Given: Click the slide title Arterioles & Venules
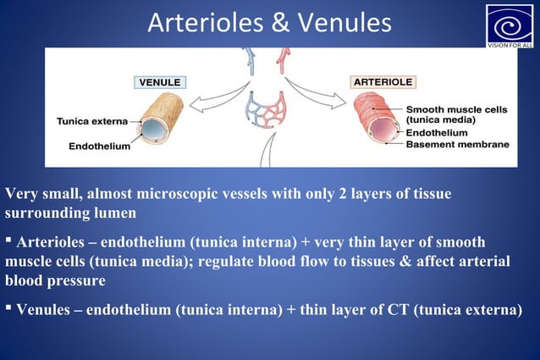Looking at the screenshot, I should pyautogui.click(x=269, y=23).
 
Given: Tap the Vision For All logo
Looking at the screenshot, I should pyautogui.click(x=510, y=26).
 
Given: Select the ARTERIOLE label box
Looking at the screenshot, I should pyautogui.click(x=382, y=82).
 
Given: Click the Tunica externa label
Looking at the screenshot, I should pyautogui.click(x=92, y=121).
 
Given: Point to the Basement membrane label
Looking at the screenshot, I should pyautogui.click(x=458, y=145).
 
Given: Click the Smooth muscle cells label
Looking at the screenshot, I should pyautogui.click(x=457, y=109).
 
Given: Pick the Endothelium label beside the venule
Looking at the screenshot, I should pyautogui.click(x=99, y=147).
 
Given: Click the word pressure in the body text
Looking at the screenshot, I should pyautogui.click(x=75, y=280).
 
